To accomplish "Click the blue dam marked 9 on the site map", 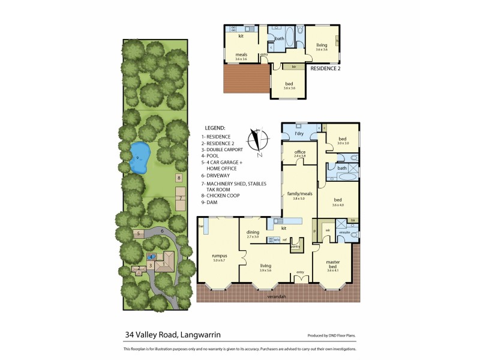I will pos(139,158).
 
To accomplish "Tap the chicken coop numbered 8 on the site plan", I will pos(178,178).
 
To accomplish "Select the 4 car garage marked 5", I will pos(138,233).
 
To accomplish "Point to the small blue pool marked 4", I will pos(152,257).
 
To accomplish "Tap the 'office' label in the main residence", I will pos(300,152).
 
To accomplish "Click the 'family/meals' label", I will pos(299,194).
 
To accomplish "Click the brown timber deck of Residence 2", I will pos(244,78).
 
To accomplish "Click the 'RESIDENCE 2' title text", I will pos(325,68).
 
